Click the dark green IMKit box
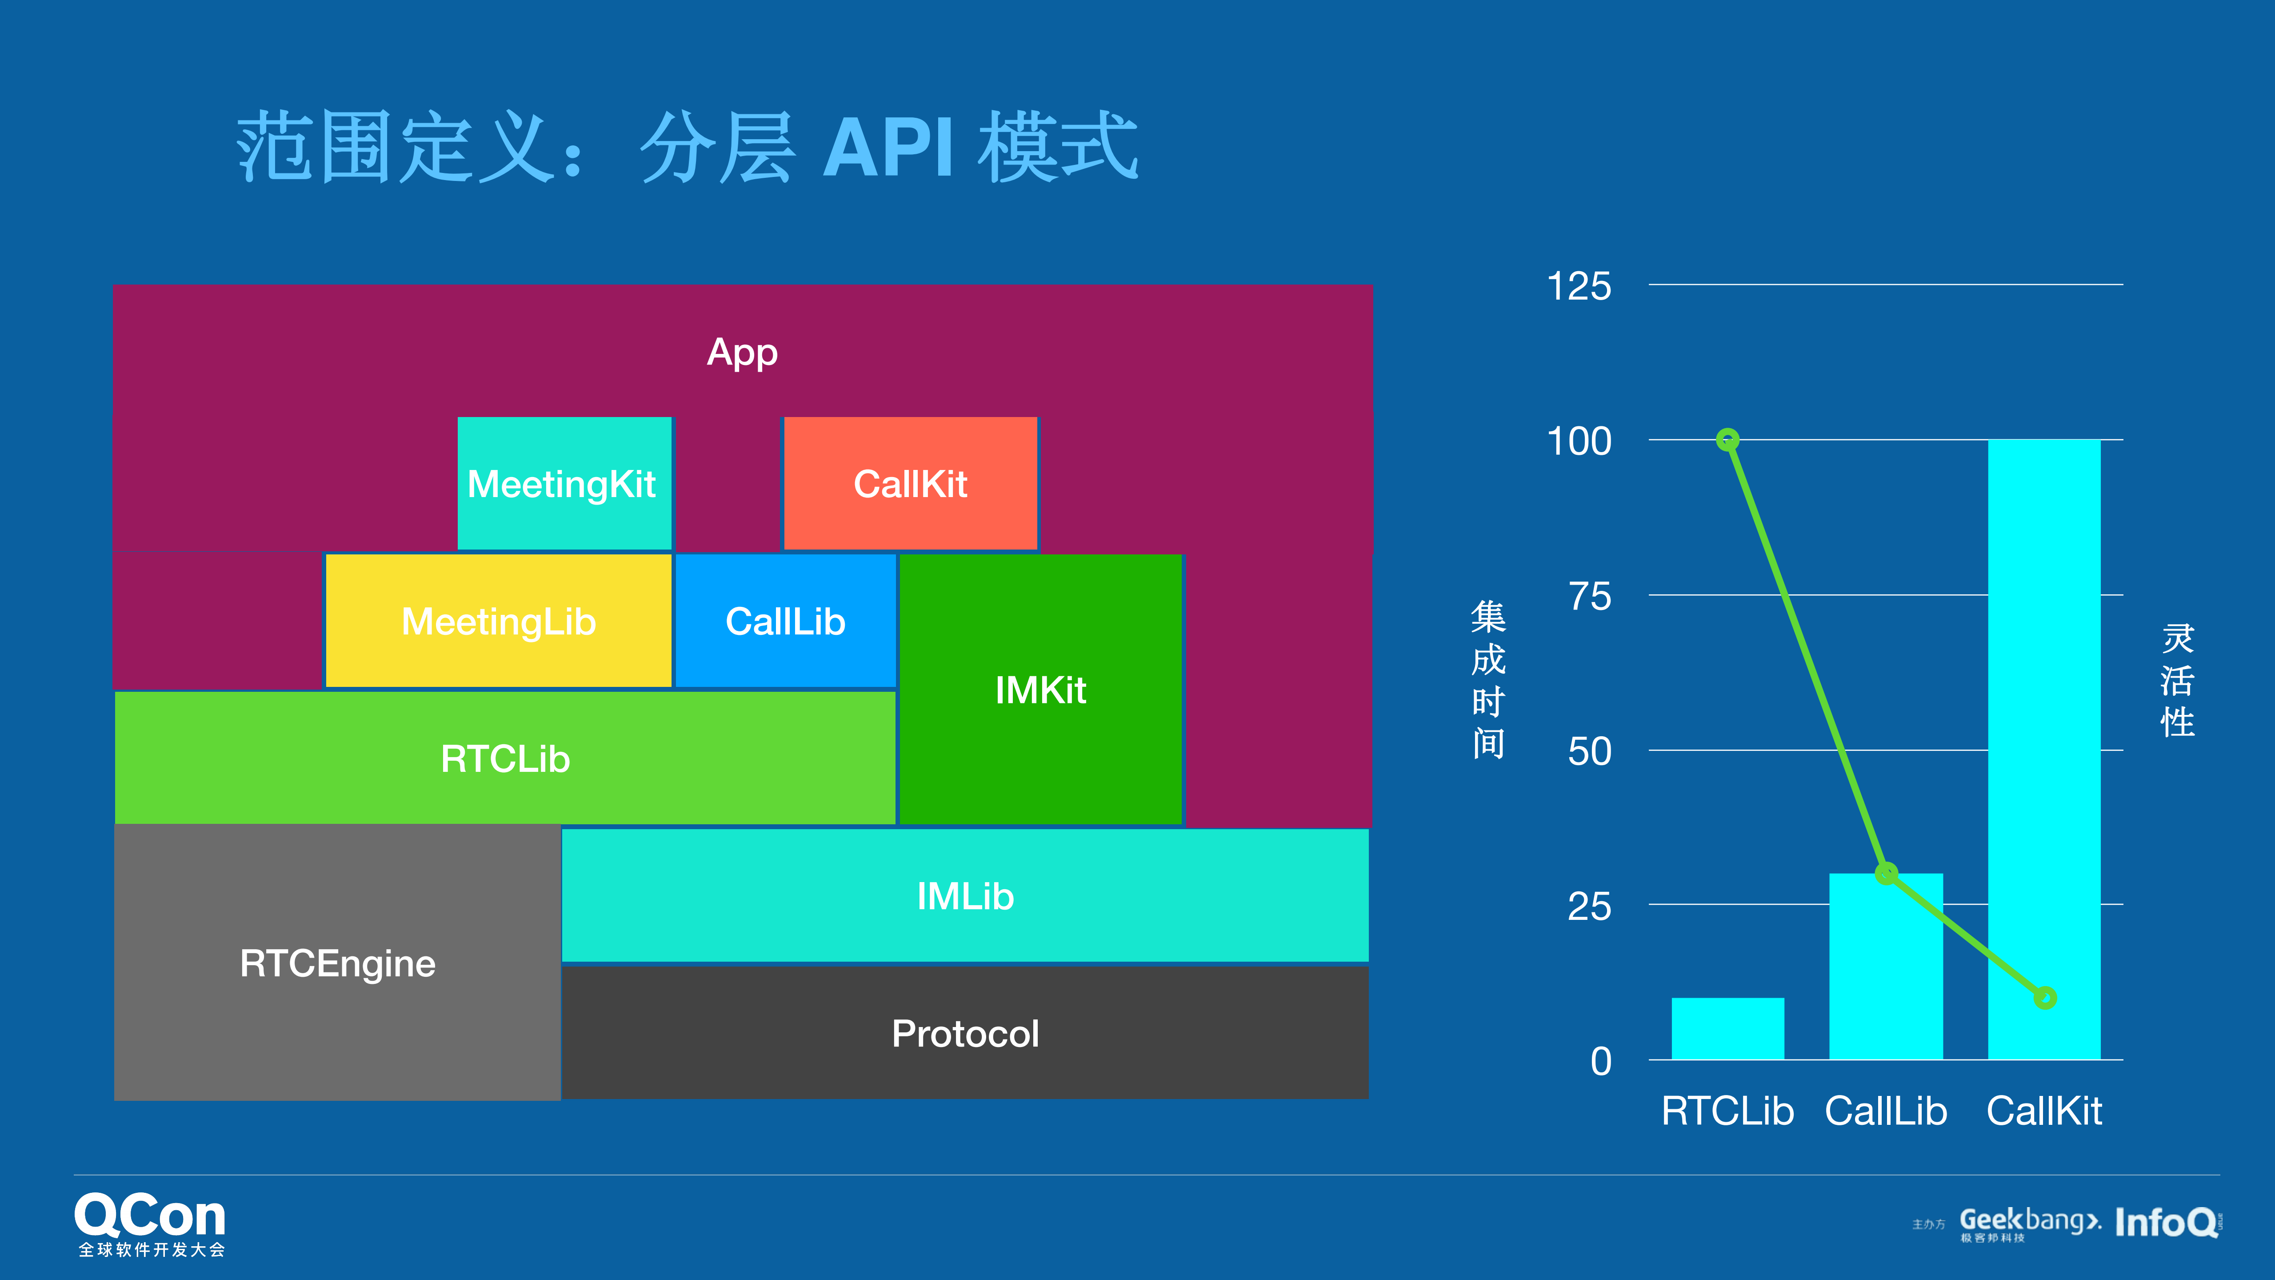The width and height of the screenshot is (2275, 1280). (1040, 689)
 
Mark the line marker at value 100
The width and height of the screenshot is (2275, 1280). (1727, 439)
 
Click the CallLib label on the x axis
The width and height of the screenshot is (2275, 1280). (1886, 1111)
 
